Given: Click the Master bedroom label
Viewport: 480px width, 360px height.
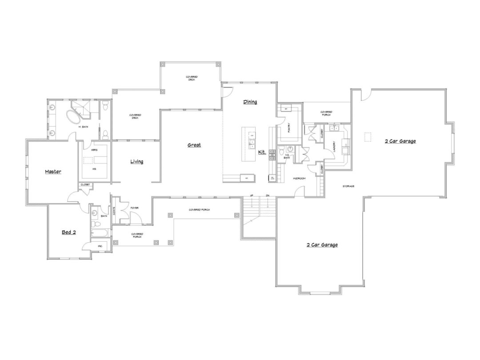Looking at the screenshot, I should (x=52, y=172).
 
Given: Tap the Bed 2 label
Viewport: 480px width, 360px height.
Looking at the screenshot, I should (x=68, y=232).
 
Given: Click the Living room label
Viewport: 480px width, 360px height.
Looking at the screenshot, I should (x=136, y=161).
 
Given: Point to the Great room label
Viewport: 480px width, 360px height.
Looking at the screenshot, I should (x=194, y=145).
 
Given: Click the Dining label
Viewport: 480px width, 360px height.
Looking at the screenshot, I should (x=250, y=102).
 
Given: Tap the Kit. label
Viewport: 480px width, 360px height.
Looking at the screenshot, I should (x=262, y=152).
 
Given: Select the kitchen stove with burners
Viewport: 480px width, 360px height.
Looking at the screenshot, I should (x=272, y=155).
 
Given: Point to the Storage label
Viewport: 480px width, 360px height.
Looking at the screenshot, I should (x=348, y=186).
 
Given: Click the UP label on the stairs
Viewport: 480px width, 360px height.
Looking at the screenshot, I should (x=252, y=196).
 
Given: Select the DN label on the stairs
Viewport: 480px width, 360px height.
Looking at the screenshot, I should (x=268, y=196).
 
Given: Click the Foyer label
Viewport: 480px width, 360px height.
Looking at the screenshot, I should (x=134, y=208).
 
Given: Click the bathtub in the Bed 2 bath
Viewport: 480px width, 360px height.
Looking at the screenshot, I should (x=100, y=232).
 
